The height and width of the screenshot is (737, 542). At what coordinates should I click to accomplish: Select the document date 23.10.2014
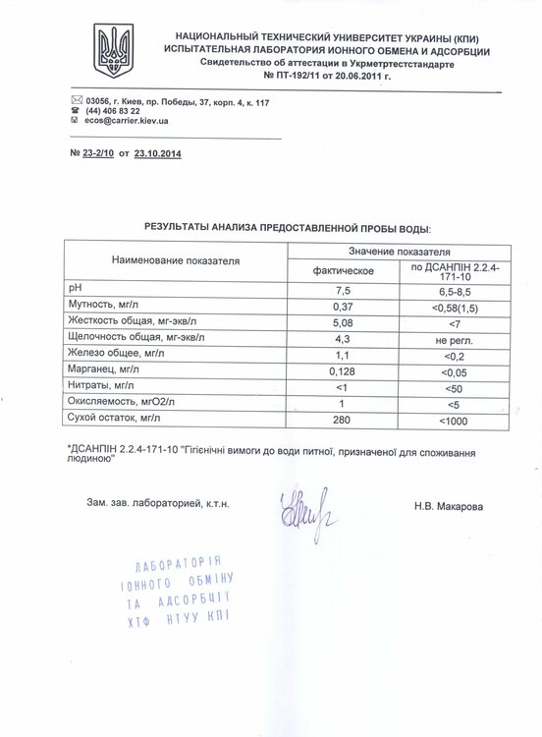(157, 154)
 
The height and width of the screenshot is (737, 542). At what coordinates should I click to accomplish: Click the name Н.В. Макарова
(449, 507)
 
